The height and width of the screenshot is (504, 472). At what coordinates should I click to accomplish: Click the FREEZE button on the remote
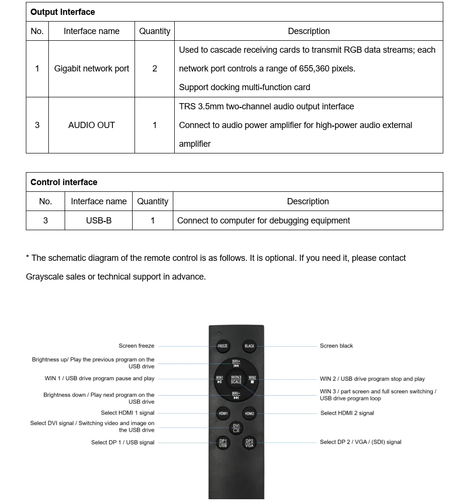click(x=223, y=346)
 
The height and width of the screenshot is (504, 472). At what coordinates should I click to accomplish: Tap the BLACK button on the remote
click(x=249, y=346)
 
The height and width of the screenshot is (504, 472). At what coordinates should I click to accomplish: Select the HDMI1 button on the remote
click(x=223, y=413)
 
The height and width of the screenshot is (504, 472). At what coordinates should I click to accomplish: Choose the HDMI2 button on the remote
click(x=249, y=413)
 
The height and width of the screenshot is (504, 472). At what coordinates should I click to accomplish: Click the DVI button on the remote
click(x=236, y=428)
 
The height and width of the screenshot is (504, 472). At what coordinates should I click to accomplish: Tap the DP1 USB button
click(x=223, y=443)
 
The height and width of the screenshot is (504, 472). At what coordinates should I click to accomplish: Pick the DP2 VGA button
click(x=249, y=443)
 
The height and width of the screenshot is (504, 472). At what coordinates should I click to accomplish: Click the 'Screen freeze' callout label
click(x=136, y=346)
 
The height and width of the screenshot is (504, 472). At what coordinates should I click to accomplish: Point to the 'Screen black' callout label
click(x=336, y=346)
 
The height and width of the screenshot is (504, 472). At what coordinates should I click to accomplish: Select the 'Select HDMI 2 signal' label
click(x=347, y=413)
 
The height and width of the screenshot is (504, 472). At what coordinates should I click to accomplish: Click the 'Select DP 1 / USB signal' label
click(x=123, y=442)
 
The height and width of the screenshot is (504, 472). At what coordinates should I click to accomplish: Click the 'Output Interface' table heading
click(x=63, y=12)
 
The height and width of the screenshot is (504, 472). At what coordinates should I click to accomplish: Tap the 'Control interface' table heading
click(x=64, y=182)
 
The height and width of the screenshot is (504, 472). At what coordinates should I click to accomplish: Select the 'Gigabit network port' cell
click(x=91, y=69)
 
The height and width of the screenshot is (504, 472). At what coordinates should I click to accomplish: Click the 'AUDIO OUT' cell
click(x=91, y=125)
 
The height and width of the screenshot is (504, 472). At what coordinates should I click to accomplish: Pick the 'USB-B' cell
click(x=99, y=221)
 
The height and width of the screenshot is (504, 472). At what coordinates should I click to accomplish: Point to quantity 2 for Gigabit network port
click(x=155, y=69)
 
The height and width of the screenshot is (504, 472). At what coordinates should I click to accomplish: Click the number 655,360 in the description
click(x=314, y=69)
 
